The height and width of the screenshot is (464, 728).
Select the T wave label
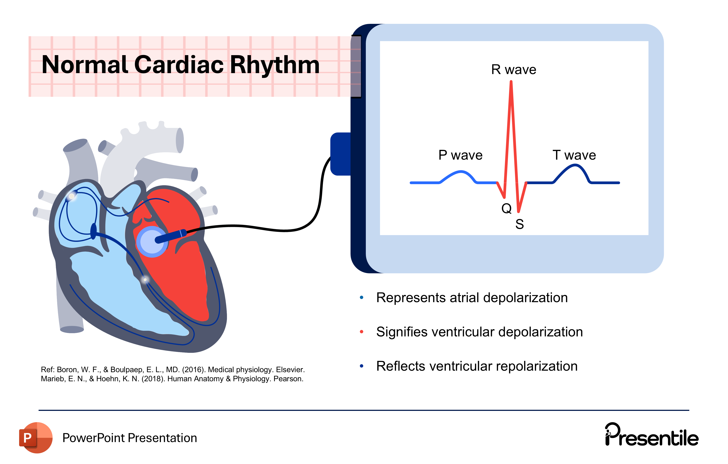(574, 155)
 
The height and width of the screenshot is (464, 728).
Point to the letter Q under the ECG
(506, 208)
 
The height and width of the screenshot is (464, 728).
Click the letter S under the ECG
(519, 224)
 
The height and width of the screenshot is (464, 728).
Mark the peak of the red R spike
(511, 82)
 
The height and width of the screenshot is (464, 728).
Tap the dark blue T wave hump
(574, 166)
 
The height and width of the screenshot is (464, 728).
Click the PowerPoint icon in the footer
(36, 438)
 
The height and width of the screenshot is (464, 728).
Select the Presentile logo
(652, 435)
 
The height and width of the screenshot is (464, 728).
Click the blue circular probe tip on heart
(152, 241)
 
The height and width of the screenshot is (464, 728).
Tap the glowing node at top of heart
(72, 196)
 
